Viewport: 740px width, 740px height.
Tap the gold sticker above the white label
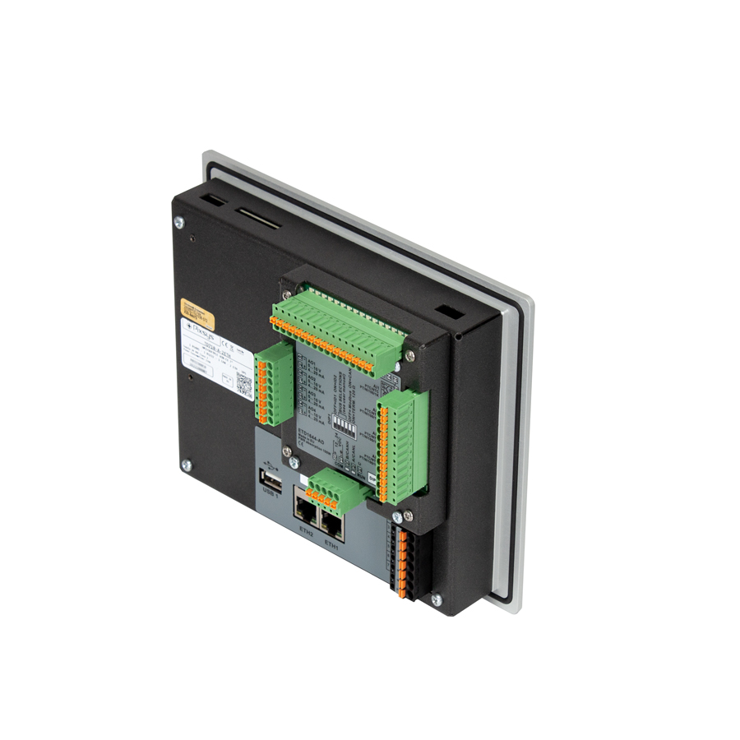tap(198, 312)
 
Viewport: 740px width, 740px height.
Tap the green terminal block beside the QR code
tap(273, 376)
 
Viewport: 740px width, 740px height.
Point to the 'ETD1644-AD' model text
tap(314, 432)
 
